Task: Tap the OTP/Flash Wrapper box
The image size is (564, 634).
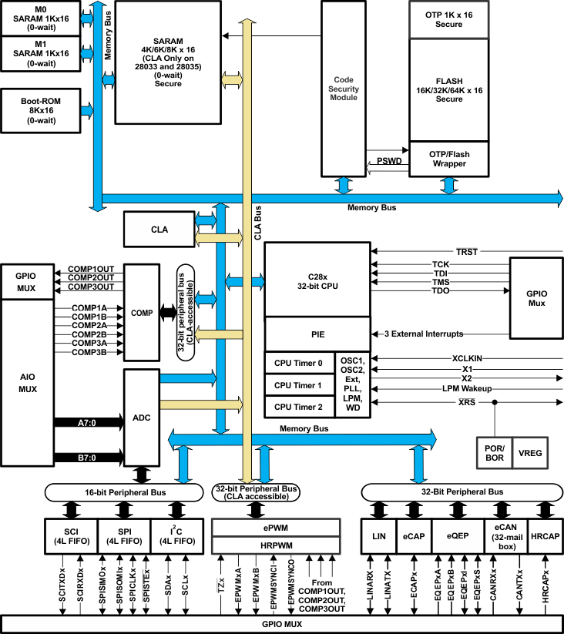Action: [x=448, y=159]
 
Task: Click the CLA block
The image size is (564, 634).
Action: [x=159, y=229]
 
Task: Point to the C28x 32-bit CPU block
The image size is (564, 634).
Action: [x=317, y=280]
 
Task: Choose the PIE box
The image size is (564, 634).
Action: [x=317, y=334]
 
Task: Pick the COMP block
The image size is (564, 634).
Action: [x=141, y=313]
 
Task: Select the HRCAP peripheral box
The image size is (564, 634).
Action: [x=546, y=536]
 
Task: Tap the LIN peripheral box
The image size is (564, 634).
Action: [x=378, y=536]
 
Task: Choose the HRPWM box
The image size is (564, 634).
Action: [x=276, y=545]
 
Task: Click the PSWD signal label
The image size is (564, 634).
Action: [x=388, y=162]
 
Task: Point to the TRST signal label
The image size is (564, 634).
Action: [x=466, y=252]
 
